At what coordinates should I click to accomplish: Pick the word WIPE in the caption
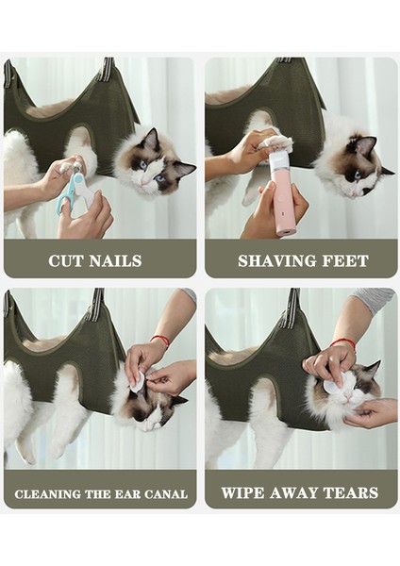click(x=243, y=492)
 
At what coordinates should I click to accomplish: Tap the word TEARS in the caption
click(x=348, y=492)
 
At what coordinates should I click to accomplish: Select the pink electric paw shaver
click(x=283, y=193)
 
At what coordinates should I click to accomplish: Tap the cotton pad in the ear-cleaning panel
click(x=138, y=382)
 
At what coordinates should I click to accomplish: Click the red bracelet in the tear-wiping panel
click(x=343, y=342)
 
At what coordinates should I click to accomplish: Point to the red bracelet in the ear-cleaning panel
click(x=160, y=340)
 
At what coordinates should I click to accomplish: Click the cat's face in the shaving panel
click(x=354, y=170)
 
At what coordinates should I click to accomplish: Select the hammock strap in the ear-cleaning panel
click(x=96, y=304)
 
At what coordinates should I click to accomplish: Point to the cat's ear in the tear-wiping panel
click(x=370, y=369)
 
